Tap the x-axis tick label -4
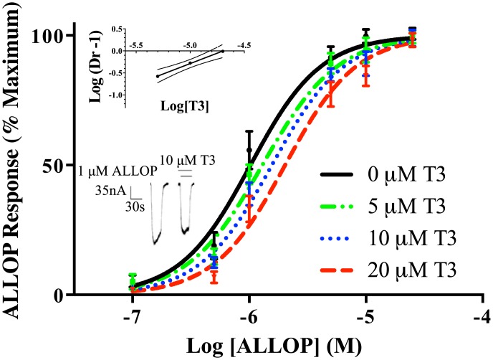(x=481, y=316)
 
